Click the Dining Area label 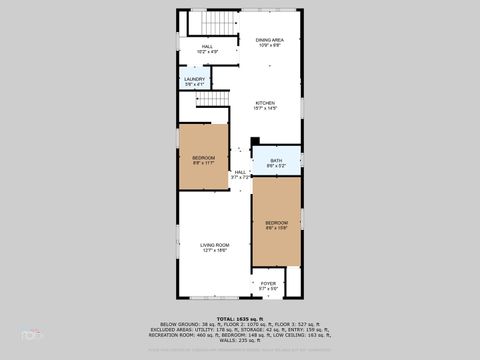coord(270,39)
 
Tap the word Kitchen coord(264,103)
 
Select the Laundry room coord(194,81)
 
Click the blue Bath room coord(275,162)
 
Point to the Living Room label coord(215,245)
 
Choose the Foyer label coord(268,284)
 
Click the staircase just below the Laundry coord(193,104)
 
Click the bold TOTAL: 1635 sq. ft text coord(240,317)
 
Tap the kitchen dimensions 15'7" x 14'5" coord(264,109)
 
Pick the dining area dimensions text coord(270,45)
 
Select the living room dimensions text coord(215,251)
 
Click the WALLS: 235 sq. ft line coord(240,341)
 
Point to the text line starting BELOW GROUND coord(240,323)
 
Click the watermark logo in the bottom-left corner coord(30,334)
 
